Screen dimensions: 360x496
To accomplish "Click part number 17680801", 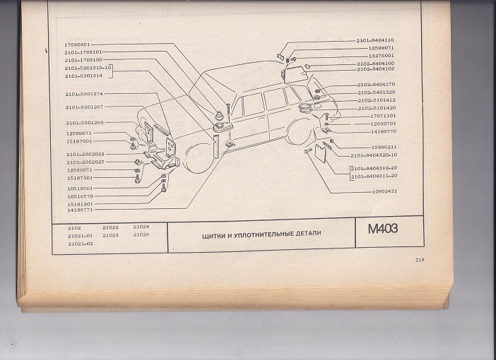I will click(78, 45).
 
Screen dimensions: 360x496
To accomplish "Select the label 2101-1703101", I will click(83, 52).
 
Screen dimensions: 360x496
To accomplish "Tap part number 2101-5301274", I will click(84, 94).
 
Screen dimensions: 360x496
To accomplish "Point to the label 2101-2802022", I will click(85, 154).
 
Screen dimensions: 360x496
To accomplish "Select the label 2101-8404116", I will click(375, 40).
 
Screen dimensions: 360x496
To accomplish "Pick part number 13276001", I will click(381, 55).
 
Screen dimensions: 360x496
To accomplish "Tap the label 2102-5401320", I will click(375, 92).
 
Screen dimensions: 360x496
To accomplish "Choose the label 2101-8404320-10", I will click(374, 155).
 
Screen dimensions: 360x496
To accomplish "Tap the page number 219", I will click(419, 261).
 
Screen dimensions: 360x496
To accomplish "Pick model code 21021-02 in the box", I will click(81, 243).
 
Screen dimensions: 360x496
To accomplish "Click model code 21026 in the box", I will click(141, 235).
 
